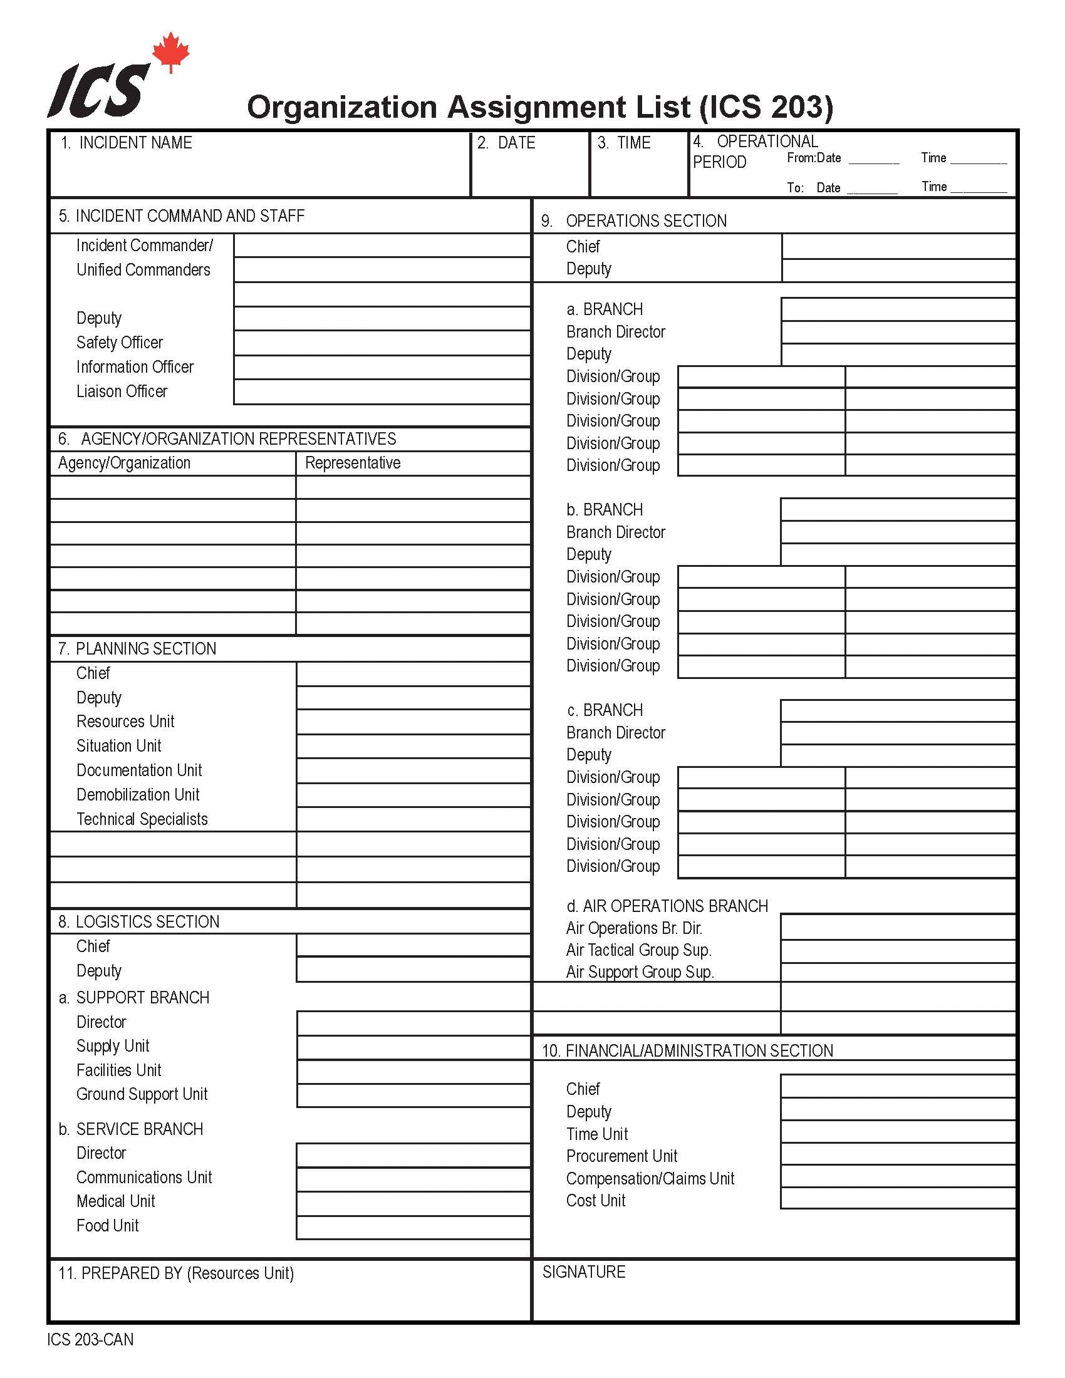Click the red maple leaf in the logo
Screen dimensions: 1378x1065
pyautogui.click(x=170, y=52)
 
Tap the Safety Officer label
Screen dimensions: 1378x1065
pyautogui.click(x=119, y=343)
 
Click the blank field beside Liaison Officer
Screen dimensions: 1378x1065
pyautogui.click(x=381, y=392)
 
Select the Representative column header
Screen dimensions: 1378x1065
pyautogui.click(x=353, y=463)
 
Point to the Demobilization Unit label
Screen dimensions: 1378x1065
pyautogui.click(x=138, y=795)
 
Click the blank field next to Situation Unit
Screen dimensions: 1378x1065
pyautogui.click(x=413, y=747)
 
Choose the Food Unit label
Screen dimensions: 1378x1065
pyautogui.click(x=107, y=1226)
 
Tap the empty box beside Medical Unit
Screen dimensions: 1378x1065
pyautogui.click(x=413, y=1203)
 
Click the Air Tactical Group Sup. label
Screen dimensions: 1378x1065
pyautogui.click(x=638, y=950)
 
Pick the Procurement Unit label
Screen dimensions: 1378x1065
pyautogui.click(x=621, y=1156)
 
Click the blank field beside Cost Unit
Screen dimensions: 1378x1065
pyautogui.click(x=897, y=1198)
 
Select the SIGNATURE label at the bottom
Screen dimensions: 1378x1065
pyautogui.click(x=584, y=1272)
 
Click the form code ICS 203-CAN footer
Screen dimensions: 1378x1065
pyautogui.click(x=90, y=1340)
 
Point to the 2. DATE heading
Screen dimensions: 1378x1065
pyautogui.click(x=506, y=143)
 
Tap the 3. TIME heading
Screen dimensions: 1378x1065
pyautogui.click(x=624, y=143)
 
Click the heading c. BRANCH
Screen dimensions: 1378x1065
pyautogui.click(x=605, y=710)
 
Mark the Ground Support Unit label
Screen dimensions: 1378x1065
pyautogui.click(x=142, y=1094)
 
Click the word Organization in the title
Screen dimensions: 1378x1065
pyautogui.click(x=341, y=107)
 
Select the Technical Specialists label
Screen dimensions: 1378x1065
pyautogui.click(x=142, y=820)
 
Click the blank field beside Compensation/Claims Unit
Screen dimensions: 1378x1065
pyautogui.click(x=897, y=1176)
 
